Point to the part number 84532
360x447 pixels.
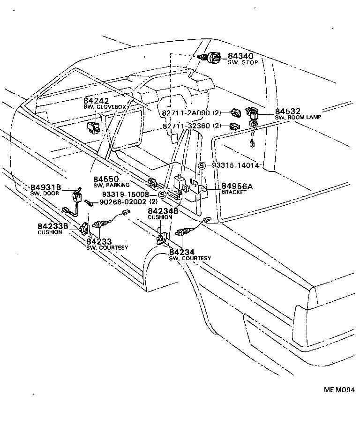tap(288, 111)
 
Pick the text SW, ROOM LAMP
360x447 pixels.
tap(298, 117)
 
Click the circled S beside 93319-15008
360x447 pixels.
tap(162, 194)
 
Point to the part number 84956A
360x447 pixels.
tap(237, 186)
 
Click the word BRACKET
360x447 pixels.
tap(234, 192)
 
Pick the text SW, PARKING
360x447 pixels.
tap(111, 185)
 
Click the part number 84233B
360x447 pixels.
tap(53, 226)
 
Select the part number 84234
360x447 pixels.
tap(182, 252)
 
